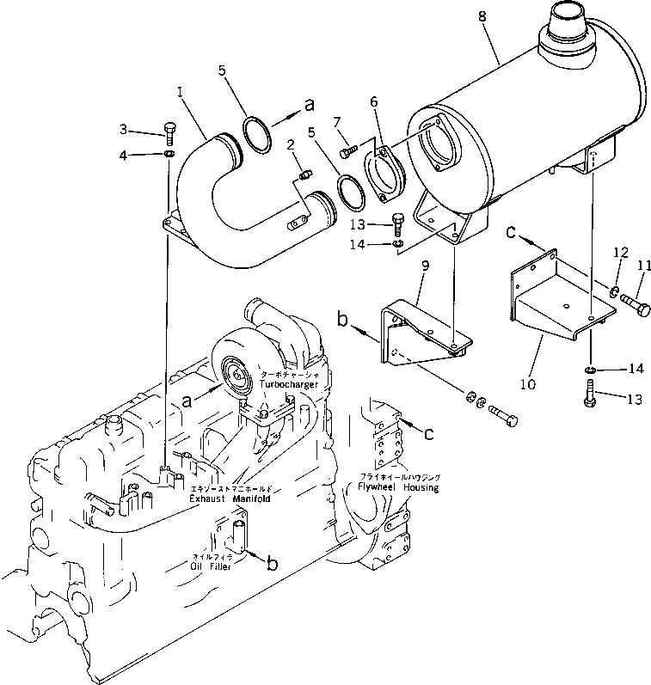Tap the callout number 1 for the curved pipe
[x=180, y=89]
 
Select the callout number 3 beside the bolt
[x=124, y=129]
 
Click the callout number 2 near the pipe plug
[x=291, y=144]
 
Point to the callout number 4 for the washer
[x=124, y=155]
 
